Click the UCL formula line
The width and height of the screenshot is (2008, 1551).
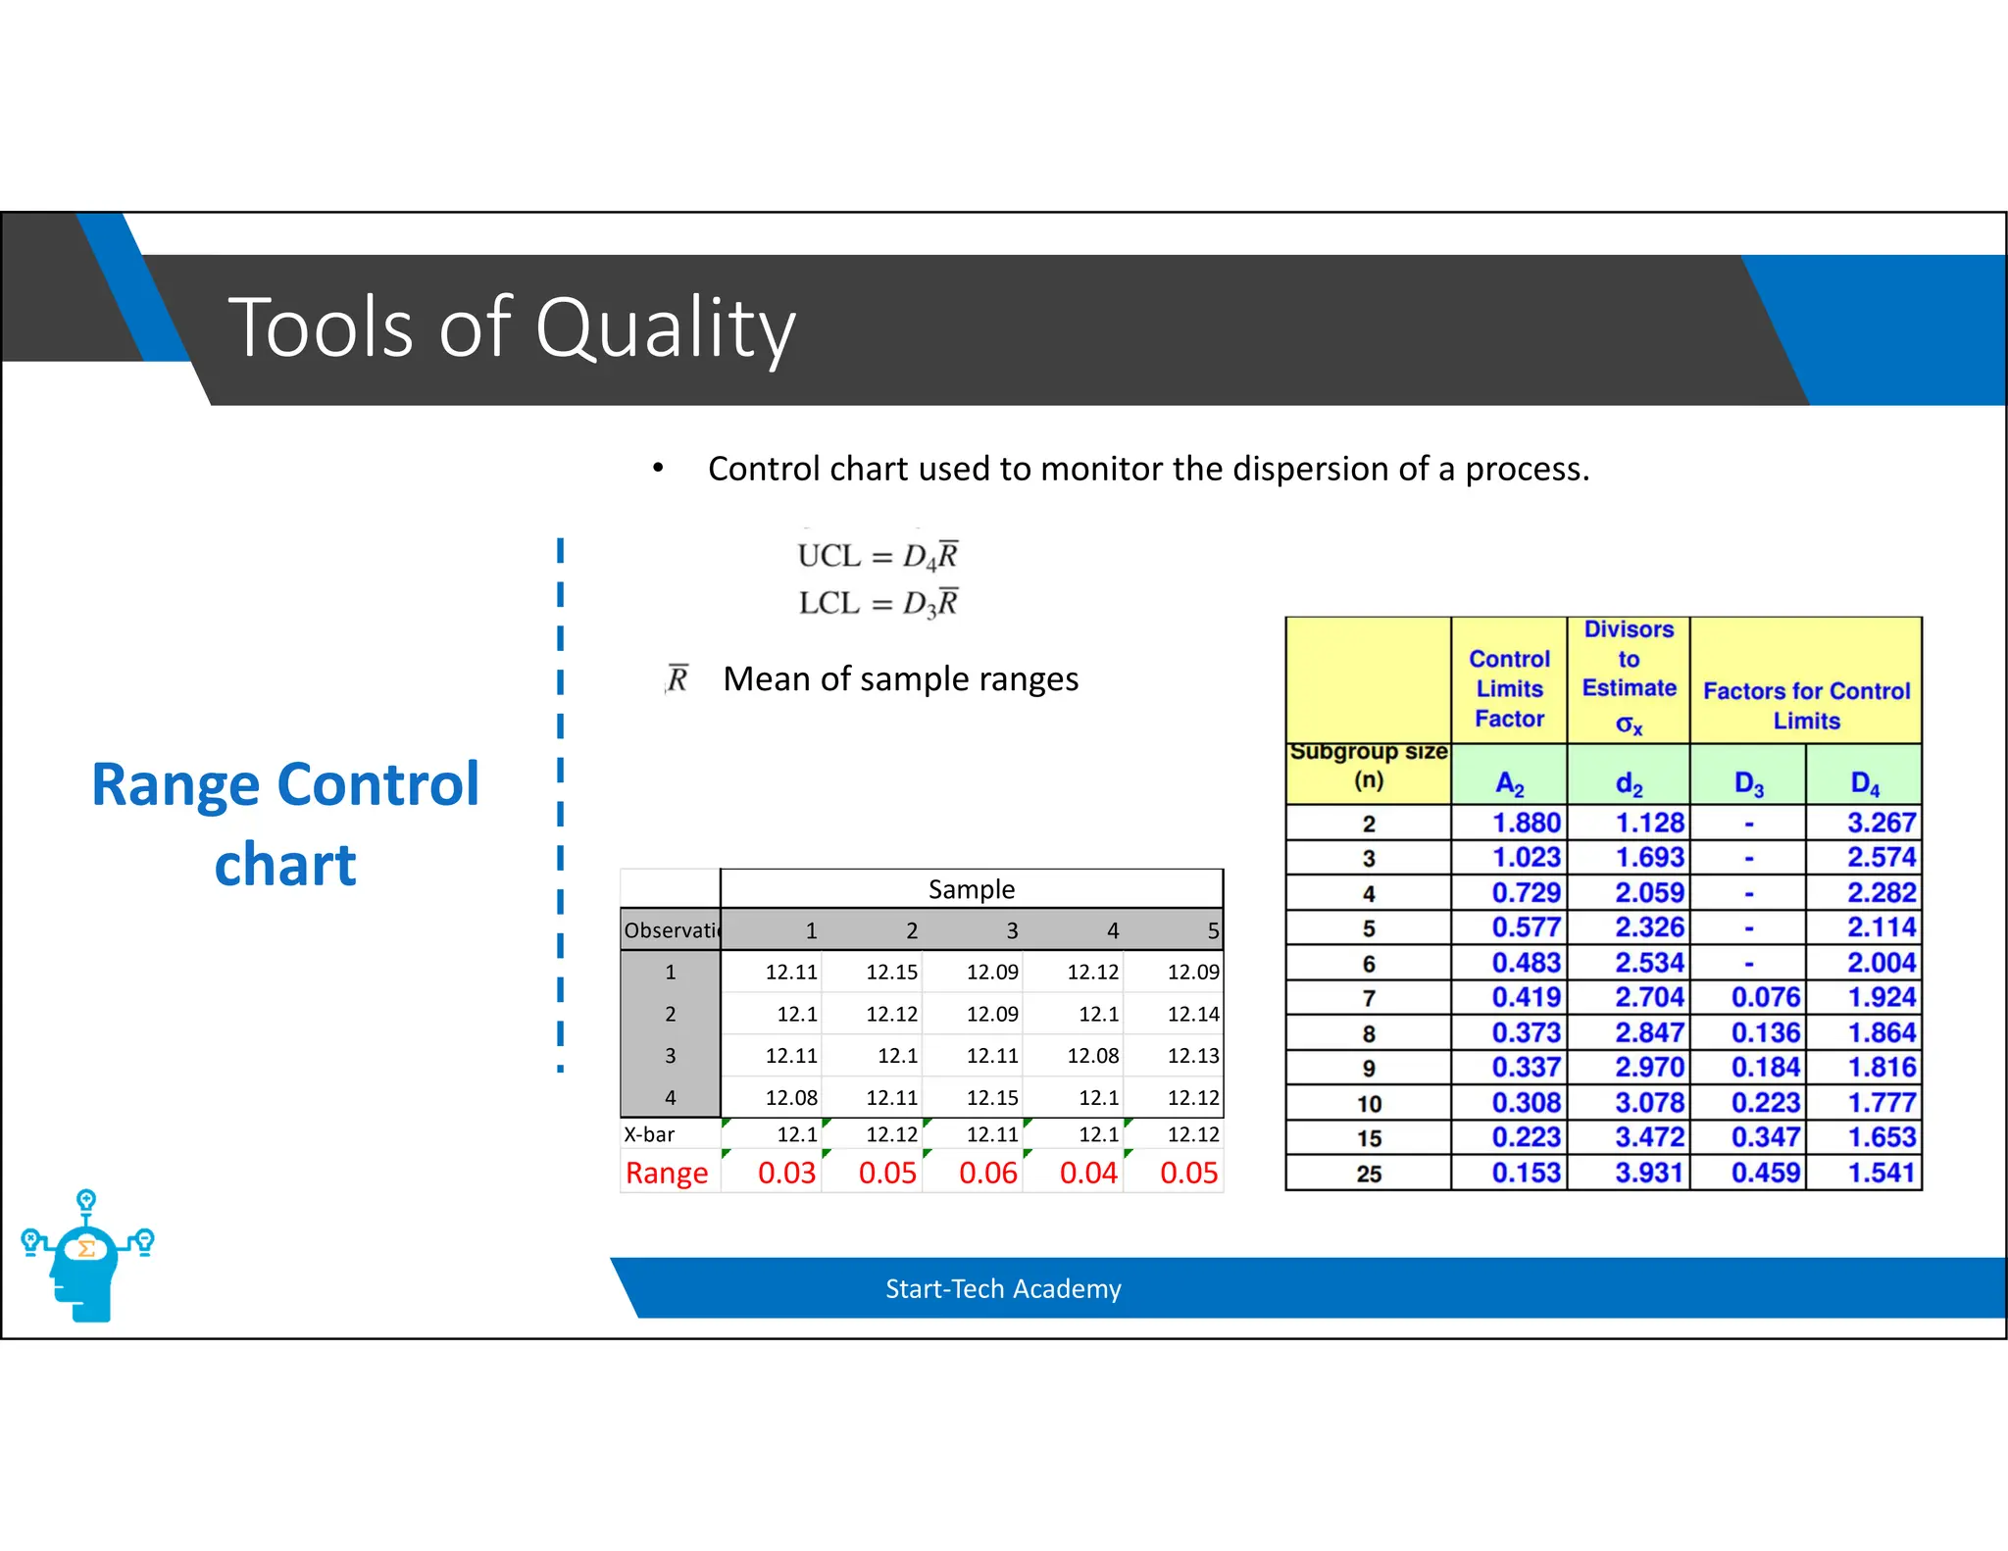(x=877, y=556)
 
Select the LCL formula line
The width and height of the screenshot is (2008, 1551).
(x=877, y=603)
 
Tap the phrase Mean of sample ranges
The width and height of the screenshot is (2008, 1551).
(x=900, y=679)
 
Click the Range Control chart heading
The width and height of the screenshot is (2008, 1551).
(x=285, y=824)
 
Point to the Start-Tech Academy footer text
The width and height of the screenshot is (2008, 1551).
(x=1003, y=1288)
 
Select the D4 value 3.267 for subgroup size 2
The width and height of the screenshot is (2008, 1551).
(x=1880, y=823)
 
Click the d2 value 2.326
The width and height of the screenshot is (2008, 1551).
(x=1649, y=927)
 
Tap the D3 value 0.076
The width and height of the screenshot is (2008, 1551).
(x=1765, y=997)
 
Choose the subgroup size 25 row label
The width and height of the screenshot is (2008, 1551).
(x=1369, y=1174)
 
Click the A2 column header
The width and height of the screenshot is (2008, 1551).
(x=1509, y=783)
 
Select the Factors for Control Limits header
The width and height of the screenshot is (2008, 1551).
(x=1806, y=705)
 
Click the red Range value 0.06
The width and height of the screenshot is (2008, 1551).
(x=988, y=1173)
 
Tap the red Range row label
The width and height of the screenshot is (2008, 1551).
(x=667, y=1173)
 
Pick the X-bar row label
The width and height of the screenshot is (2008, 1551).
(x=649, y=1134)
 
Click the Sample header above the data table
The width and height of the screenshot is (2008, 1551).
(x=971, y=889)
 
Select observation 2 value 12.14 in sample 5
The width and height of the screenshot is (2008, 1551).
(x=1192, y=1014)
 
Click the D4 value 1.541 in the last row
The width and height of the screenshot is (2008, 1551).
(x=1880, y=1173)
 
